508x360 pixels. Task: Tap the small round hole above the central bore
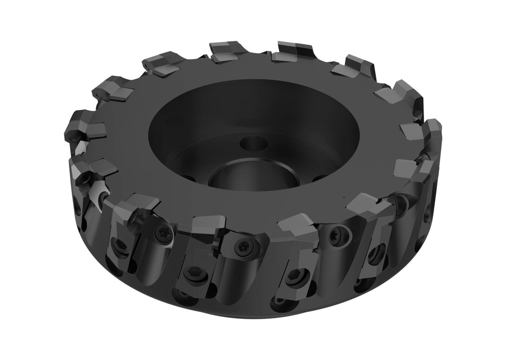coord(254,144)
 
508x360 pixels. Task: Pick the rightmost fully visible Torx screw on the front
coord(339,234)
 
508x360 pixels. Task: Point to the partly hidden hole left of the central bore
coord(186,176)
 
